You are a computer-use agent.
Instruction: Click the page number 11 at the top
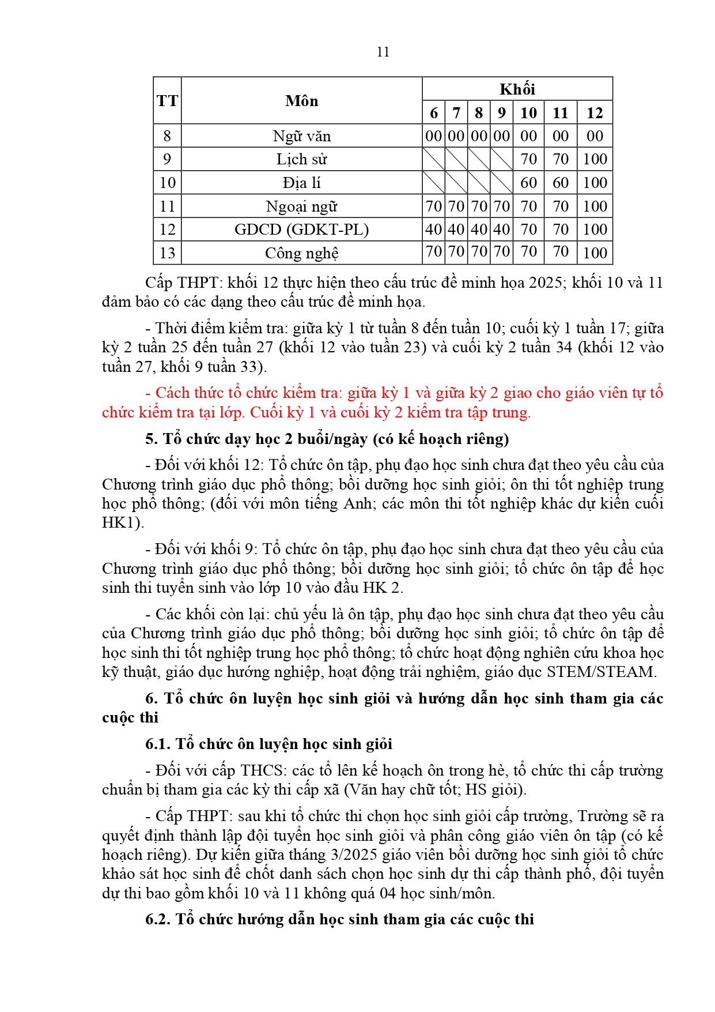pyautogui.click(x=383, y=52)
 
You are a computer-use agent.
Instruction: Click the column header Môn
pyautogui.click(x=301, y=101)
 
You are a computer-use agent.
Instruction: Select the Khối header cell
pyautogui.click(x=517, y=89)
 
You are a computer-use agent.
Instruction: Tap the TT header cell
pyautogui.click(x=167, y=101)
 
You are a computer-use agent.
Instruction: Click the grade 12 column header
pyautogui.click(x=595, y=112)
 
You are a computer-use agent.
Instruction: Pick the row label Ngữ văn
pyautogui.click(x=301, y=136)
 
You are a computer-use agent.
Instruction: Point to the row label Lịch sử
pyautogui.click(x=301, y=159)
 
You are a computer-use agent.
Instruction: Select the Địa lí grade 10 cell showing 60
pyautogui.click(x=528, y=183)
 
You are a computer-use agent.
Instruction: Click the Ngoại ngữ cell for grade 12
pyautogui.click(x=595, y=206)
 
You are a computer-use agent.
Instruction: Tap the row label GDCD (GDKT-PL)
pyautogui.click(x=301, y=230)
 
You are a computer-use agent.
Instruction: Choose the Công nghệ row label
pyautogui.click(x=301, y=253)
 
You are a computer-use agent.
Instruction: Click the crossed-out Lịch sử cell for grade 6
pyautogui.click(x=433, y=159)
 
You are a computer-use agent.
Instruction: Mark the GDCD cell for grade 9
pyautogui.click(x=501, y=230)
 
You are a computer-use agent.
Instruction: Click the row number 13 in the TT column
pyautogui.click(x=167, y=253)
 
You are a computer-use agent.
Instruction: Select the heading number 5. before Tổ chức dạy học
pyautogui.click(x=152, y=439)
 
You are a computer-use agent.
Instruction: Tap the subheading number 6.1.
pyautogui.click(x=158, y=744)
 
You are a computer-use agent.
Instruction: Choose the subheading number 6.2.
pyautogui.click(x=158, y=919)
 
